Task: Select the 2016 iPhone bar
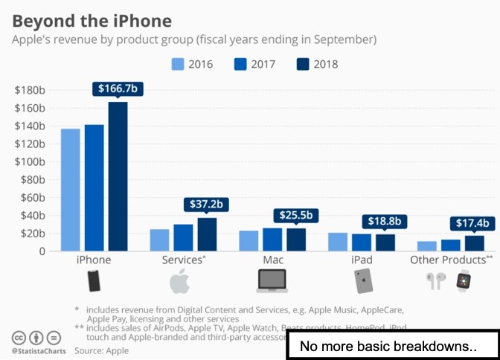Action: point(70,190)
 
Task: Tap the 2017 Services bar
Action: point(183,238)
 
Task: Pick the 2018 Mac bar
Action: point(296,240)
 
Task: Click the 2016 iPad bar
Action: point(338,242)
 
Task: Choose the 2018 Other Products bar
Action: point(475,243)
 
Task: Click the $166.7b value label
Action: point(118,89)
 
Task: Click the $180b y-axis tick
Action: point(29,90)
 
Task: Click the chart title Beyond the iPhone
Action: point(92,20)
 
